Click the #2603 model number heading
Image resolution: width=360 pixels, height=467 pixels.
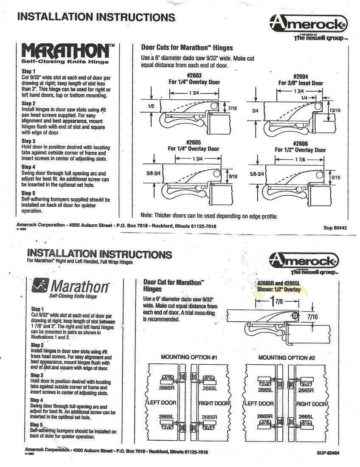pyautogui.click(x=194, y=76)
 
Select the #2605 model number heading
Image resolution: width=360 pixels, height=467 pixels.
pyautogui.click(x=194, y=142)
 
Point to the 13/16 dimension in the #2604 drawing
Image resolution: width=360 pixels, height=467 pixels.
pyautogui.click(x=335, y=110)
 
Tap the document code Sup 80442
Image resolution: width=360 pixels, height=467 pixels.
pyautogui.click(x=335, y=228)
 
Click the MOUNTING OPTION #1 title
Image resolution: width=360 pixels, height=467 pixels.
pyautogui.click(x=189, y=357)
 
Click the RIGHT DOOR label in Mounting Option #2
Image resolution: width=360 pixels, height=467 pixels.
pyautogui.click(x=311, y=404)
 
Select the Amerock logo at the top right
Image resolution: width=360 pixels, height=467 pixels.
pyautogui.click(x=309, y=24)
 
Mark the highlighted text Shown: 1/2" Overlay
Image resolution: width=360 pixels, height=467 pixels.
pyautogui.click(x=278, y=290)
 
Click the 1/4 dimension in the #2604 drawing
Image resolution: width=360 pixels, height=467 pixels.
pyautogui.click(x=304, y=97)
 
